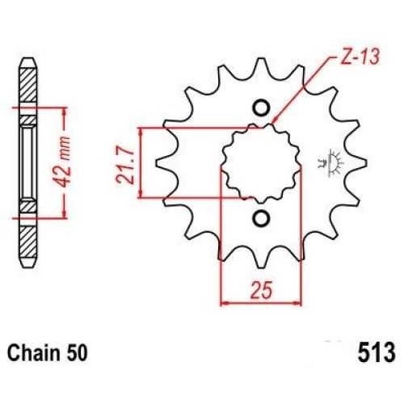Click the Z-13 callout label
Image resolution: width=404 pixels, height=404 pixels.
(x=360, y=57)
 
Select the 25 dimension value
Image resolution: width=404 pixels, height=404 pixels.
(x=261, y=290)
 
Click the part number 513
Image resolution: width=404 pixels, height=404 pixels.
(x=377, y=352)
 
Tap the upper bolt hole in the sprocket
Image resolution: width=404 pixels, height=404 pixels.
(x=261, y=108)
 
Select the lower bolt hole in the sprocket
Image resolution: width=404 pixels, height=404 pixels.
(x=261, y=218)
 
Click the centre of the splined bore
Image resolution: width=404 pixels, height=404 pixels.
(x=261, y=163)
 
